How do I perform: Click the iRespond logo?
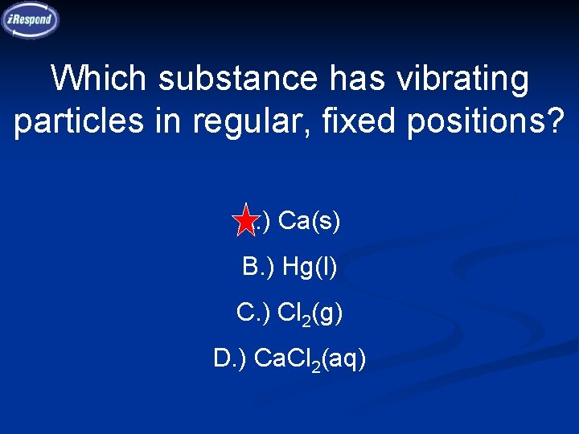pos(31,19)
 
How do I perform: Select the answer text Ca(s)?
pos(310,220)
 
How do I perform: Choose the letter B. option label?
pos(257,266)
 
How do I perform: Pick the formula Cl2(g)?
pos(310,313)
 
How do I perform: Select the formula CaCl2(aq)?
pos(310,360)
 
